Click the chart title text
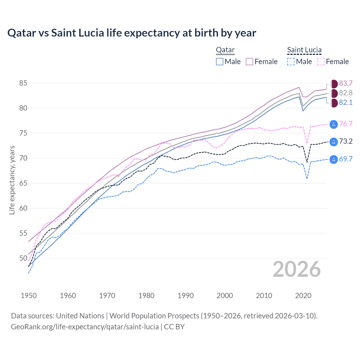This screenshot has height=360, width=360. pos(132,33)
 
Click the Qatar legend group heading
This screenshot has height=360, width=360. pos(225,50)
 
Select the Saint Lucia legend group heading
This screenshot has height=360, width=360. pos(304,50)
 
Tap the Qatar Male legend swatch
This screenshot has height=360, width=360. pos(220,62)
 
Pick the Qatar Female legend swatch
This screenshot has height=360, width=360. pos(249,62)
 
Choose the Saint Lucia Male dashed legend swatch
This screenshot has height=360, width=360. pos(291,62)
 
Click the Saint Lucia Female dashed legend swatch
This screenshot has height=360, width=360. pos(321,62)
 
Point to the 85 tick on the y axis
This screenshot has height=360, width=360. pos(23,83)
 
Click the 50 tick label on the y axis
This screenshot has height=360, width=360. pos(23,258)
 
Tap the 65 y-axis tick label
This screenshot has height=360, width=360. pos(23,183)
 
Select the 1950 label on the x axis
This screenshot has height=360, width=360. pos(29,296)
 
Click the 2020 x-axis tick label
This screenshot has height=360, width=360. pos(303,296)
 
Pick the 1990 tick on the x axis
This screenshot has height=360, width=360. pos(186,296)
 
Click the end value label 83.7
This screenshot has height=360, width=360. pos(346,84)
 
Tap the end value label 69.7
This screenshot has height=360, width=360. pos(346,159)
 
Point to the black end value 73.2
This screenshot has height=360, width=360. pos(346,141)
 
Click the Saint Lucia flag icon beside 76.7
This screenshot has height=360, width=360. pos(334,124)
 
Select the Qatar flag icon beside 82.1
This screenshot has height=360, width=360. pos(334,103)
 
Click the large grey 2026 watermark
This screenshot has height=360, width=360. pos(297,269)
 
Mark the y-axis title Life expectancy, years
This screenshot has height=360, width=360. pos(12,180)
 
